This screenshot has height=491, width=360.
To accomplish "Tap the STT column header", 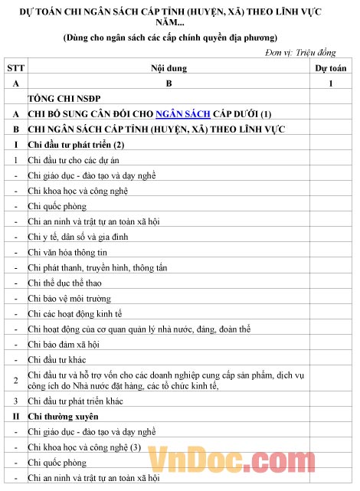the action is (15, 68).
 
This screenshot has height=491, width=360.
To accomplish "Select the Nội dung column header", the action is (169, 68).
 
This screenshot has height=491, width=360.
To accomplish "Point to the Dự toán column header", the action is (331, 68).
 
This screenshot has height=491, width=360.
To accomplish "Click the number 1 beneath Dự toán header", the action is (331, 83).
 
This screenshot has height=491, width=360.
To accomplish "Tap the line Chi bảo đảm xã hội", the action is (64, 344).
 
